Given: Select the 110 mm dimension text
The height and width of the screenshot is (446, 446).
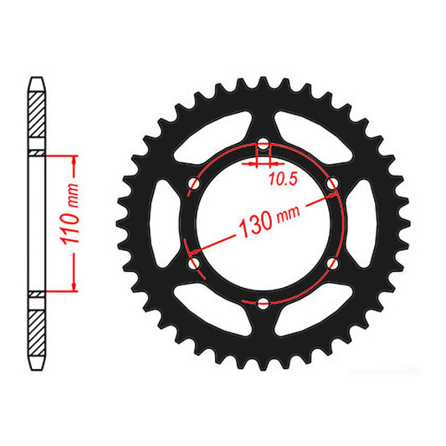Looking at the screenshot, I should click(x=74, y=223).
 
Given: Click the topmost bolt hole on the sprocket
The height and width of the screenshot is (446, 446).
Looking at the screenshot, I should click(x=264, y=146).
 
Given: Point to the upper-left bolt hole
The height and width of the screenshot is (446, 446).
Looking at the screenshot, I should click(x=196, y=184).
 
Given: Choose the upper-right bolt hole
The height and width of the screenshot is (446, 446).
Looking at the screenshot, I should click(x=332, y=184).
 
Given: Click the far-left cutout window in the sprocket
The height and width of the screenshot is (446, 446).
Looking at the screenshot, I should click(x=166, y=223).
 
